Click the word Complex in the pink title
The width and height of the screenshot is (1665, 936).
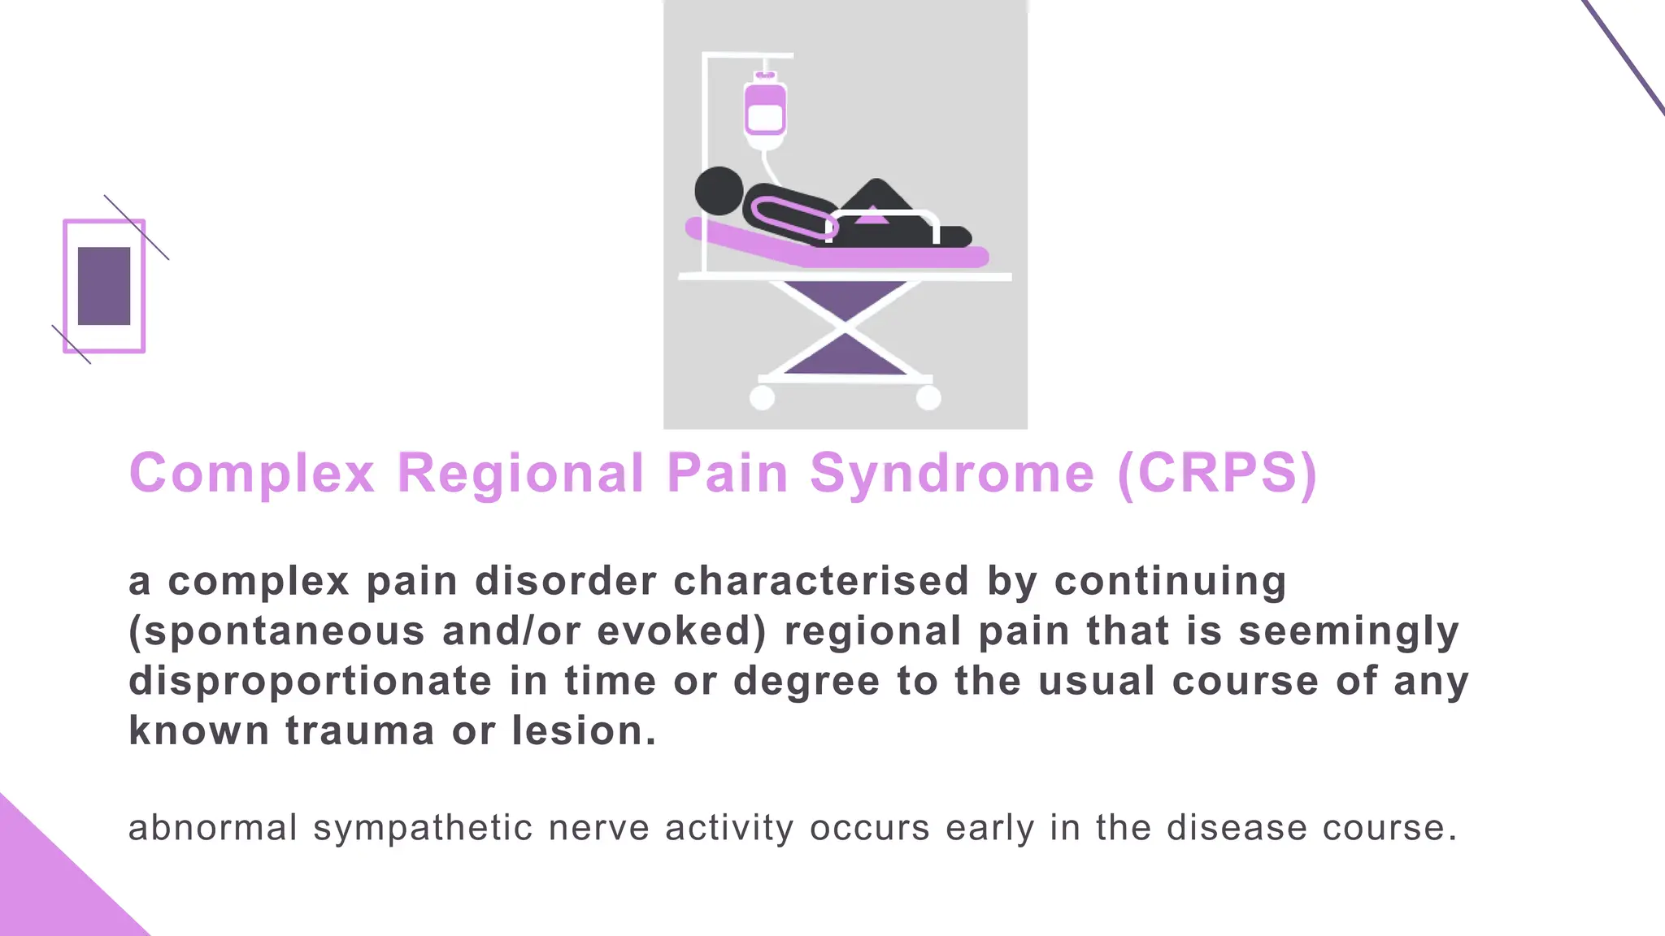[x=251, y=473]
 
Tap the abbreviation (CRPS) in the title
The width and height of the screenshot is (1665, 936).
[x=1217, y=473]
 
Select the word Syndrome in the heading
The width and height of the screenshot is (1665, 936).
[x=952, y=473]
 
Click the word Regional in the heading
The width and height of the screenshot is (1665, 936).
[x=520, y=473]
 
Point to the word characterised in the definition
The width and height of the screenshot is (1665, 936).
[x=821, y=582]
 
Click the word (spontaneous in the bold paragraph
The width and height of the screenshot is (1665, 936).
[x=276, y=632]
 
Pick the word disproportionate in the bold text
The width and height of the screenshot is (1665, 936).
[x=310, y=682]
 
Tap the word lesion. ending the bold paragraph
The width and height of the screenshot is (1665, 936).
[x=583, y=730]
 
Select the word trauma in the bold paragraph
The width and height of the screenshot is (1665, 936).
[x=359, y=730]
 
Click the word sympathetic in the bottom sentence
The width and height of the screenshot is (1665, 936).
[x=423, y=829]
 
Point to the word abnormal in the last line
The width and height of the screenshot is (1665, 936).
[x=213, y=828]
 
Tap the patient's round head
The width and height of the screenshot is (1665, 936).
[x=719, y=191]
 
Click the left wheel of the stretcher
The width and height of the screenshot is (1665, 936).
[x=762, y=398]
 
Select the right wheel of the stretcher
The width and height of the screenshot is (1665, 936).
[x=928, y=398]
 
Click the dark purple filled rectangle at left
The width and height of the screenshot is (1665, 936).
[x=104, y=286]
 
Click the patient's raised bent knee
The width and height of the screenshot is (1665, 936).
[x=876, y=195]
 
